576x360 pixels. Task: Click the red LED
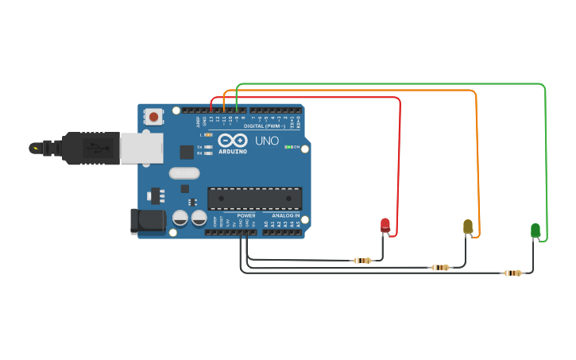point(385,225)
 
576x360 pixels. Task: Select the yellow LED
point(468,226)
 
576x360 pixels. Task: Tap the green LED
point(535,230)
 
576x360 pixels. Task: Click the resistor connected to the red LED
point(362,261)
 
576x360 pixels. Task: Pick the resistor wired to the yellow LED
point(440,267)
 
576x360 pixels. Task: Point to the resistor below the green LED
point(513,273)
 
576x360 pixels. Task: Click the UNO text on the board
point(267,141)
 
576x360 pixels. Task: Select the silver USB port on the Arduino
point(141,149)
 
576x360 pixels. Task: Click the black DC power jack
point(148,221)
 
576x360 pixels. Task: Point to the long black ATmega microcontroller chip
point(254,198)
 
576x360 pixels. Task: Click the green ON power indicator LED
point(288,147)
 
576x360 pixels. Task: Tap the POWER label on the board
point(246,215)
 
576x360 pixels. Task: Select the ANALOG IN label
point(286,215)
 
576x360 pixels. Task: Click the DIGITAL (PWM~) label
point(265,126)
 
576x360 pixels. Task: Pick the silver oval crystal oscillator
point(184,172)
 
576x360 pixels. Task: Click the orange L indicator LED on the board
point(208,135)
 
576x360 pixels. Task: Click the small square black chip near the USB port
point(187,152)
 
